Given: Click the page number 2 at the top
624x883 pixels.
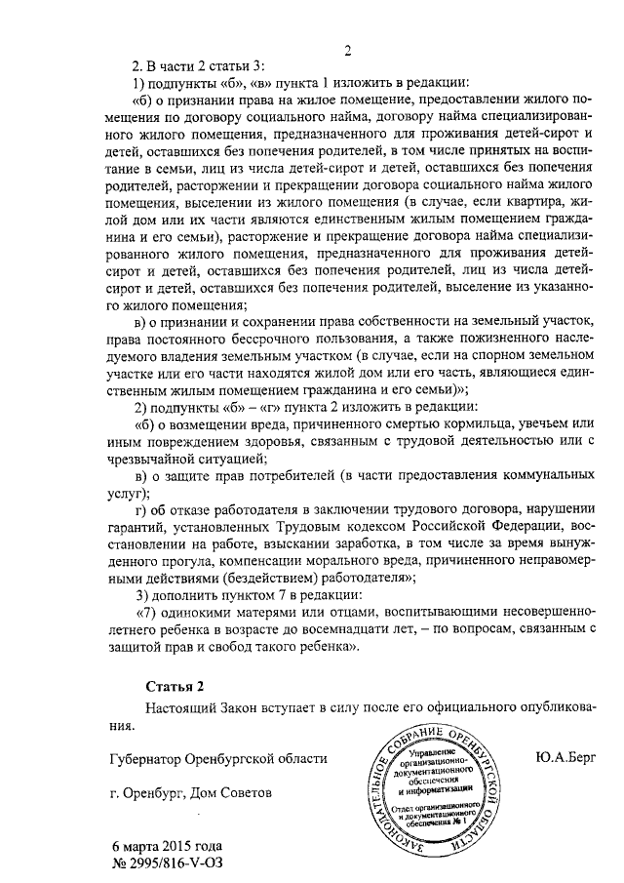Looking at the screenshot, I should point(347,51).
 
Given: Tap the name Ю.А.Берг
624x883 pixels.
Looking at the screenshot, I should point(565,756).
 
